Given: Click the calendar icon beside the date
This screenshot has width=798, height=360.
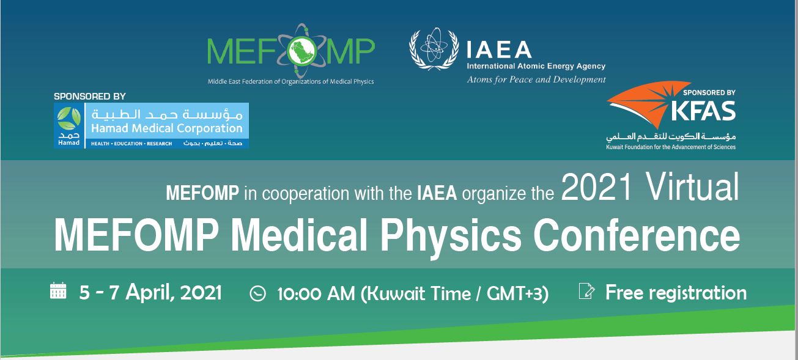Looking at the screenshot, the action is [58, 290].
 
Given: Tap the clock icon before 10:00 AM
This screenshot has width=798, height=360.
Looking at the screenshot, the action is [258, 294].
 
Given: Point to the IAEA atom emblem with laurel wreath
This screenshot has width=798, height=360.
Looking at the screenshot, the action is [434, 49].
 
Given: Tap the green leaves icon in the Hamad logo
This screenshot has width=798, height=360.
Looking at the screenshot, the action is [68, 119].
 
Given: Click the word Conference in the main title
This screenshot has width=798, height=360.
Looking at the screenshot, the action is [637, 235].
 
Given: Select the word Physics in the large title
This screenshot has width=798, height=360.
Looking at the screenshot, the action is [451, 237].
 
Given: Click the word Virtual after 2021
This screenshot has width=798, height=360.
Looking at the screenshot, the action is [692, 187].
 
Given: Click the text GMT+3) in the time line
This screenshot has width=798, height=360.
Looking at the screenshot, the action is [518, 294].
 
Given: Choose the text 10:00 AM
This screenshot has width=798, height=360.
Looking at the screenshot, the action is [316, 294].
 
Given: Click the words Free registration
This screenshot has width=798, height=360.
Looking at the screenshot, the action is [676, 293].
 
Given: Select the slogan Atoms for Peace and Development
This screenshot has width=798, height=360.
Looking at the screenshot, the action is [536, 79].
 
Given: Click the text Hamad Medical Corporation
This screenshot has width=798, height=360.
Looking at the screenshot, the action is [167, 128].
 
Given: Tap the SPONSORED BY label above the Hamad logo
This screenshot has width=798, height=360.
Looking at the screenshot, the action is [90, 96].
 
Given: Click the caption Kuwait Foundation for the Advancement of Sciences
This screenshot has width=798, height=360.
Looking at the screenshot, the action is [671, 147].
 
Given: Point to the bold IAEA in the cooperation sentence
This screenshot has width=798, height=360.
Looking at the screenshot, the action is [437, 194].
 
